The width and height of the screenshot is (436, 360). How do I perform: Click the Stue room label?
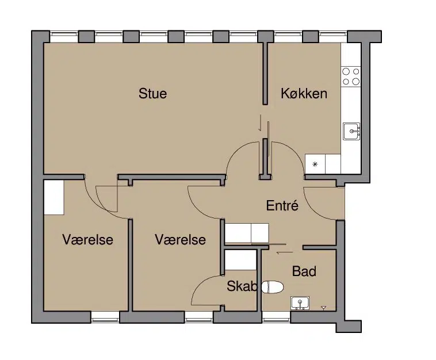click(152, 93)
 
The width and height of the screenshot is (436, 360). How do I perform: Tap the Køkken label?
click(304, 93)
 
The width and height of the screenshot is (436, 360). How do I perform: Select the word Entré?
click(282, 206)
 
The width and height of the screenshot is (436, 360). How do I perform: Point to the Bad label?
click(304, 271)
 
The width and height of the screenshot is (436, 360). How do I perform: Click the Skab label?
click(242, 286)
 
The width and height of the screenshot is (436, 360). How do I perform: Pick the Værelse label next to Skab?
click(181, 240)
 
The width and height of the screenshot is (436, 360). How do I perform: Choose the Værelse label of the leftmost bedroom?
click(88, 240)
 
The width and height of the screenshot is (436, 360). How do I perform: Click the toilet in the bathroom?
click(273, 287)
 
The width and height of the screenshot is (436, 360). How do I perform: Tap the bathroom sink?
click(300, 303)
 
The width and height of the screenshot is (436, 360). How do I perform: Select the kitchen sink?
click(352, 131)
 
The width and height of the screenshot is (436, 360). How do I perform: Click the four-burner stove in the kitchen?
click(351, 76)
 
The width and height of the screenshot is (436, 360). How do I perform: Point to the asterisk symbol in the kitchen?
click(315, 164)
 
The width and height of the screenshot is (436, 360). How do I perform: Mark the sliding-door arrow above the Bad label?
click(285, 252)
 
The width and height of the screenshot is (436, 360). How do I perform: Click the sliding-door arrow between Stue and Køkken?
click(260, 122)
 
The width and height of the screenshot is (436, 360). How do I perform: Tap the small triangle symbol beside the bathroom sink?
click(323, 308)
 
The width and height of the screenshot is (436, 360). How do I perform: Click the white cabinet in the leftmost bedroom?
click(54, 197)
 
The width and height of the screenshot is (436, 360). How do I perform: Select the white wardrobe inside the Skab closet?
click(240, 260)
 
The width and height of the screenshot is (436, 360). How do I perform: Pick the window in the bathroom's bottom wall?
click(276, 317)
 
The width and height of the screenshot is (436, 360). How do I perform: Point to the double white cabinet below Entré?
click(247, 233)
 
